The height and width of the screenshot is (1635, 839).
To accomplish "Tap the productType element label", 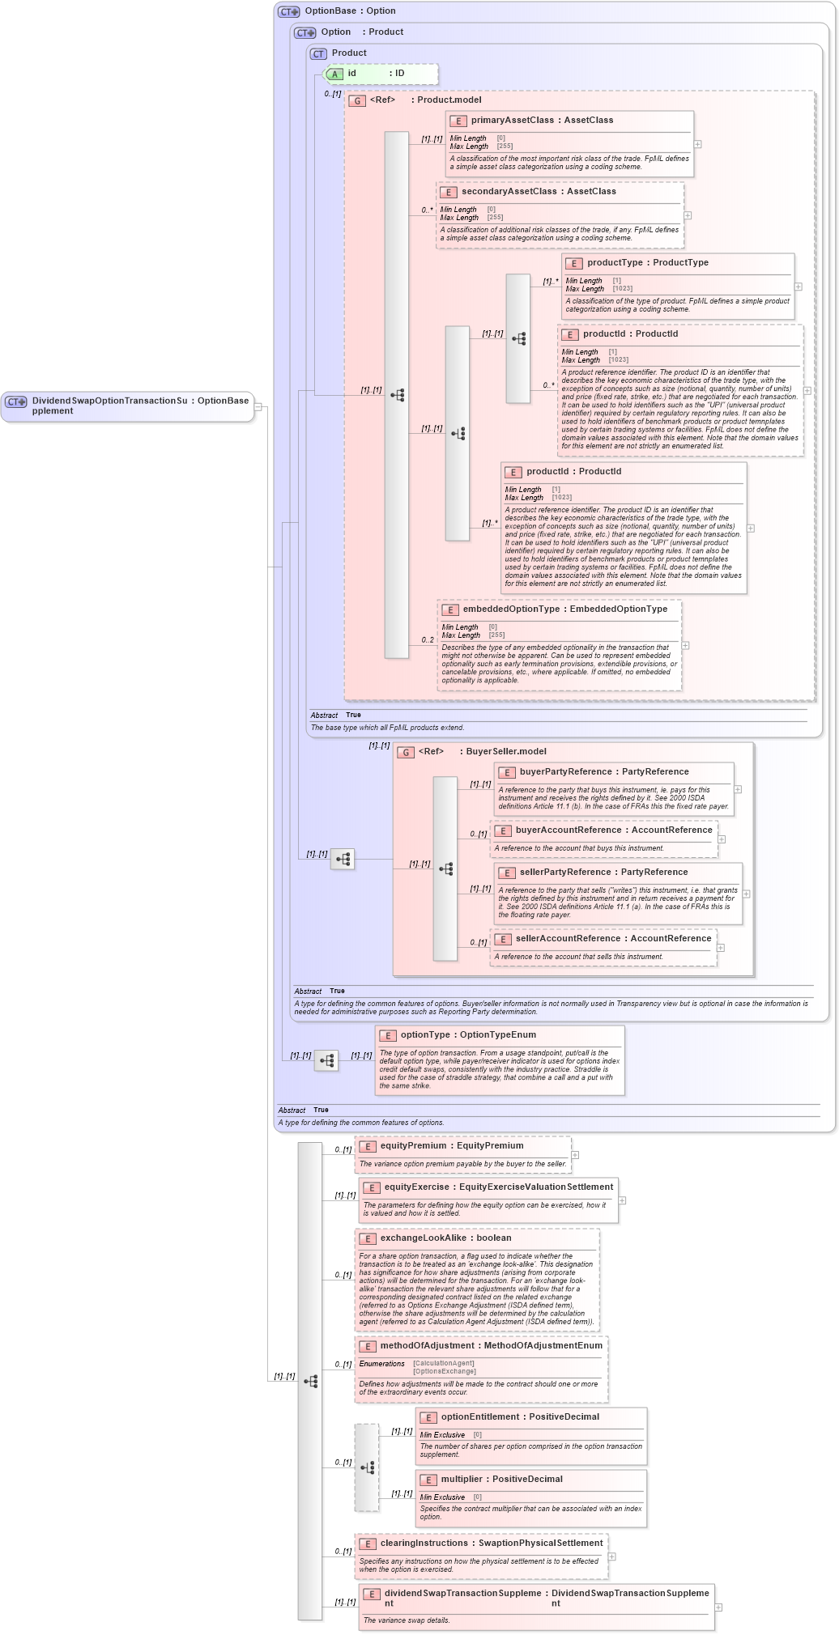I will (615, 262).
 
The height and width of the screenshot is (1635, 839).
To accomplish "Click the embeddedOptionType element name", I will (511, 609).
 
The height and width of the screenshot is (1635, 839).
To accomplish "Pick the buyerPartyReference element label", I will (565, 771).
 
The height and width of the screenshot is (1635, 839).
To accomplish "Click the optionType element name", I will (425, 1034).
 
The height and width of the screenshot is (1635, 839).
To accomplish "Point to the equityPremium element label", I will (413, 1145).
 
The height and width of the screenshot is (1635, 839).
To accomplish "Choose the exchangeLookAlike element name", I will (423, 1238).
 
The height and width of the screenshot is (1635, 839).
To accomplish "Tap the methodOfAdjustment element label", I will (427, 1345).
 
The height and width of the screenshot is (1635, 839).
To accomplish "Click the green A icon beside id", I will (334, 74).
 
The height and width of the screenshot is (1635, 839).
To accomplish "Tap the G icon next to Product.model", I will (357, 100).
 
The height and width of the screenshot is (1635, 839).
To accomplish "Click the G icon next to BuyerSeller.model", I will (406, 752).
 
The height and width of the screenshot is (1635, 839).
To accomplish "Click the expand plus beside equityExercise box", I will (622, 1200).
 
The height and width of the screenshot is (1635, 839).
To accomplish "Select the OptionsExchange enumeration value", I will (444, 1371).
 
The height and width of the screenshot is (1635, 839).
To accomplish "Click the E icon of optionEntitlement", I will (428, 1417).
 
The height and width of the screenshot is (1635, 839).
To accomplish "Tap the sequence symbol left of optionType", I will (326, 1060).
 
